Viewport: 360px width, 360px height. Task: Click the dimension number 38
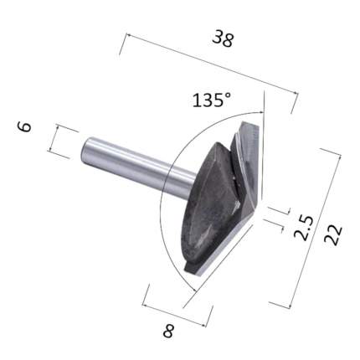pos(223,39)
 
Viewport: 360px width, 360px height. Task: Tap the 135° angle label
pos(212,100)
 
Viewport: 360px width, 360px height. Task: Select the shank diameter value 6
pos(24,126)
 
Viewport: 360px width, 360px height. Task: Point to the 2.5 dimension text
pos(304,228)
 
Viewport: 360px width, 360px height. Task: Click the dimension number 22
pos(332,235)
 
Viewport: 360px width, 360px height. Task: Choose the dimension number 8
pos(168,331)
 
